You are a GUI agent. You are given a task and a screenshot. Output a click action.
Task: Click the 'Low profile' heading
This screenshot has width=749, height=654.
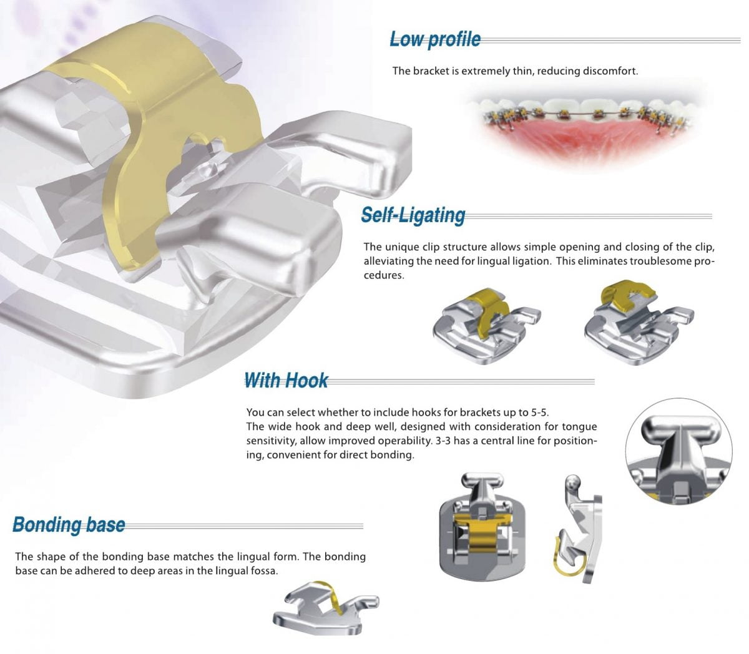(435, 39)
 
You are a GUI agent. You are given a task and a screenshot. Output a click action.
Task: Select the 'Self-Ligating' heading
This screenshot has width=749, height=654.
(413, 215)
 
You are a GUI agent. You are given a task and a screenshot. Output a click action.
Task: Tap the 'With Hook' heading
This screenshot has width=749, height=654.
(286, 380)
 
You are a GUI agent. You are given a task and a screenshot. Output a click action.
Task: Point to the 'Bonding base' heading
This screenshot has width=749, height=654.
(69, 525)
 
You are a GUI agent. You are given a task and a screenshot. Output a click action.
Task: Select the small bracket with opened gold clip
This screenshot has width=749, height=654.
(637, 321)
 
